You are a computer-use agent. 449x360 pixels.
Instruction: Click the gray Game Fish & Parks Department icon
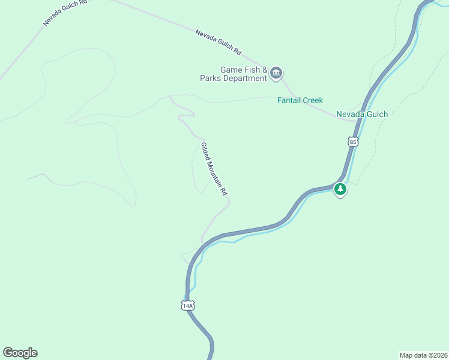coord(276,74)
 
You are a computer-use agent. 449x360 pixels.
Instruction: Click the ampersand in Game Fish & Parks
coord(264,70)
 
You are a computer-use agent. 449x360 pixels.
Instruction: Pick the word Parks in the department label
coord(215,79)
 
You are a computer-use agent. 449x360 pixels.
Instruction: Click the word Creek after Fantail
coord(313,100)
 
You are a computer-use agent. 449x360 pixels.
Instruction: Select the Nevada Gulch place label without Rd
coord(362,114)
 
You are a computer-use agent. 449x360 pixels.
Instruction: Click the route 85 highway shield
coord(352,142)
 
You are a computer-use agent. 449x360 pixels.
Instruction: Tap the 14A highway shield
coord(187,305)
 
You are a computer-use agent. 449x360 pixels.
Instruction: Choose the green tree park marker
coord(340,190)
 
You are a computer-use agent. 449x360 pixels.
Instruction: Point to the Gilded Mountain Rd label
coord(214,169)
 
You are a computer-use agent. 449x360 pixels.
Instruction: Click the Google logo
coord(20,353)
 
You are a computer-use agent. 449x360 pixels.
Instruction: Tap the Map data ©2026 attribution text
coord(423,355)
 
